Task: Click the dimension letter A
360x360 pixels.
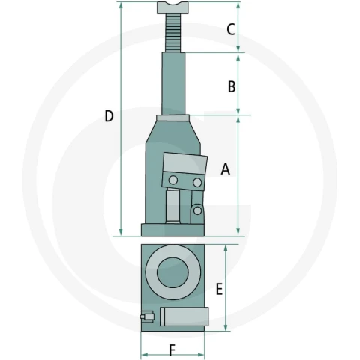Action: click(226, 169)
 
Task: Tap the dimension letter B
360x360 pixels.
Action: click(232, 86)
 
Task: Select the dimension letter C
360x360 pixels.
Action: click(230, 29)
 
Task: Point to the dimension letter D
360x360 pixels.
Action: click(109, 116)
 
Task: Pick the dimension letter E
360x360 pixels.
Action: click(219, 289)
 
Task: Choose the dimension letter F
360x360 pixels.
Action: click(172, 350)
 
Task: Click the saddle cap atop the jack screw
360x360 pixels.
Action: click(172, 7)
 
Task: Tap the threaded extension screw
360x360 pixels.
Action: click(172, 33)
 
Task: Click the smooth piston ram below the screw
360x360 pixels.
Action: click(173, 83)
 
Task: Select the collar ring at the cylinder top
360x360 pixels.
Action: click(173, 118)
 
